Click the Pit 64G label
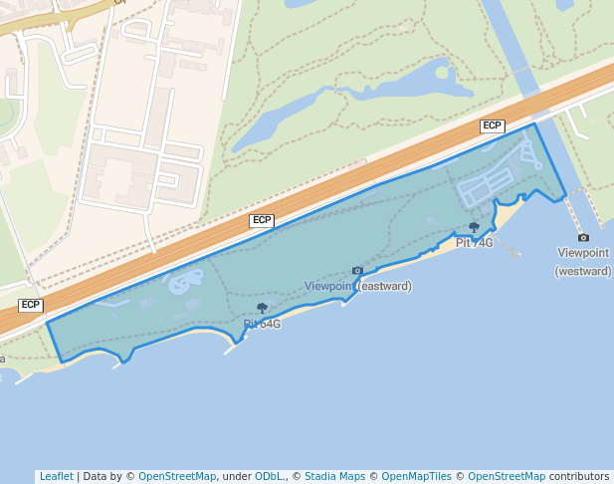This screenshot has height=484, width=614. coord(262,324)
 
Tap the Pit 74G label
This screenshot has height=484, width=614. coord(475,243)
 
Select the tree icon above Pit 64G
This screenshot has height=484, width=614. coord(262,309)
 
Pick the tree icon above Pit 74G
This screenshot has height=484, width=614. coord(474,228)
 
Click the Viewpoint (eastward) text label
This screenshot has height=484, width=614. coord(358,286)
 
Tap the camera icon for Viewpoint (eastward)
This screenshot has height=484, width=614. coord(357,271)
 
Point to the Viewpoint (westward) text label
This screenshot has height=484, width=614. coord(583,262)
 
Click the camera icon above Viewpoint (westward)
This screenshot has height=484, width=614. coord(583,237)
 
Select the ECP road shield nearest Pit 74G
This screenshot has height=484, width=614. coord(492,125)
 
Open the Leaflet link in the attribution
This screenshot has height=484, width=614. coord(56,476)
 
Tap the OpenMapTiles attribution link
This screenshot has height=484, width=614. coord(416,476)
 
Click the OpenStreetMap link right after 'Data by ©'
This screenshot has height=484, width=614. coord(177,476)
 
